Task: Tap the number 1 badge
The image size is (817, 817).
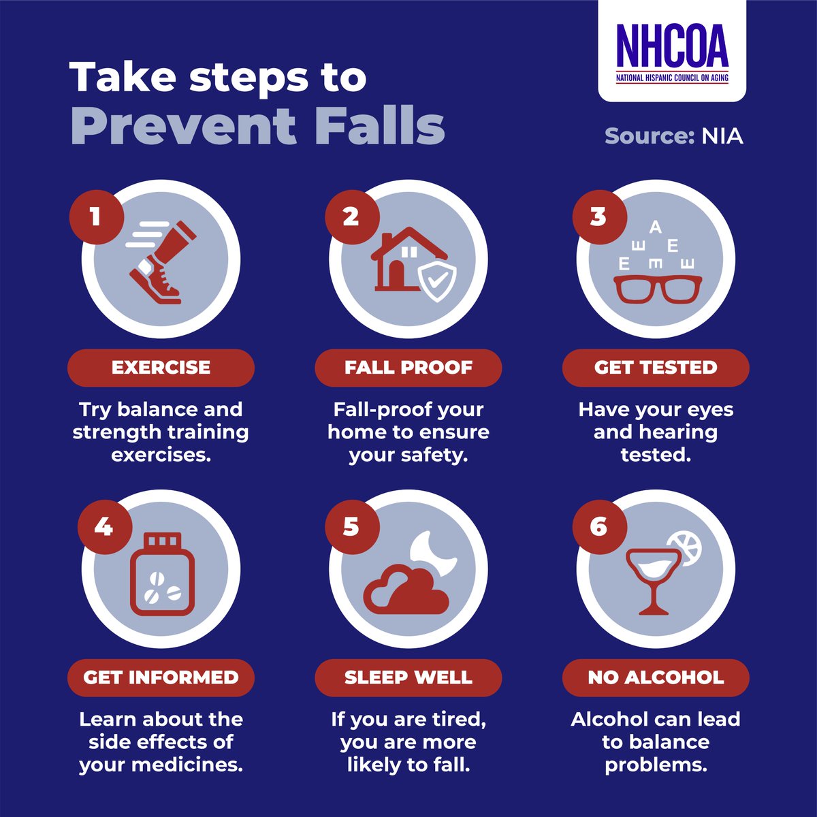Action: (95, 217)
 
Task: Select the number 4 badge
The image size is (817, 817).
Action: (103, 526)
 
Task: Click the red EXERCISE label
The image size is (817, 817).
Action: (161, 368)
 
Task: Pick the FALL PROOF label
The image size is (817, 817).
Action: (408, 368)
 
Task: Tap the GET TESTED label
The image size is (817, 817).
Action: (655, 368)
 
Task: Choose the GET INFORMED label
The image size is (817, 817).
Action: (161, 677)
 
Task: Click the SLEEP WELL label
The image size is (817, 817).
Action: (408, 677)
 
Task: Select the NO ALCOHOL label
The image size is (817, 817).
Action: (655, 677)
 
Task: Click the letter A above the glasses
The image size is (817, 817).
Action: (655, 226)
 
